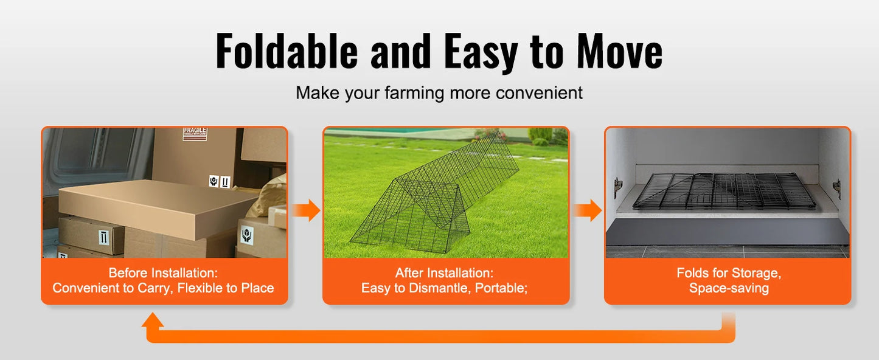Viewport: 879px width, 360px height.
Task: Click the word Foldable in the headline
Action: click(287, 52)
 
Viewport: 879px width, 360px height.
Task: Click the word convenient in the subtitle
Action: click(539, 93)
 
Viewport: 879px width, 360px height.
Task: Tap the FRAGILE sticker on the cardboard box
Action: click(195, 134)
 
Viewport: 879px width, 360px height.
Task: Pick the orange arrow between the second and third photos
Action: click(587, 210)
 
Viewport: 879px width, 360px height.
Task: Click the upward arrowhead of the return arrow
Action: click(153, 320)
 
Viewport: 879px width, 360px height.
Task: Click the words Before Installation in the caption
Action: click(163, 273)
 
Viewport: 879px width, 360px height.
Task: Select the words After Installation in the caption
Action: click(445, 273)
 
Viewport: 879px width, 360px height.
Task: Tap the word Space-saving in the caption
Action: click(729, 288)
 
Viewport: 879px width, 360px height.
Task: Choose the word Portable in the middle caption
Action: click(501, 288)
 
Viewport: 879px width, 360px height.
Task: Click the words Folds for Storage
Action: click(729, 273)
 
